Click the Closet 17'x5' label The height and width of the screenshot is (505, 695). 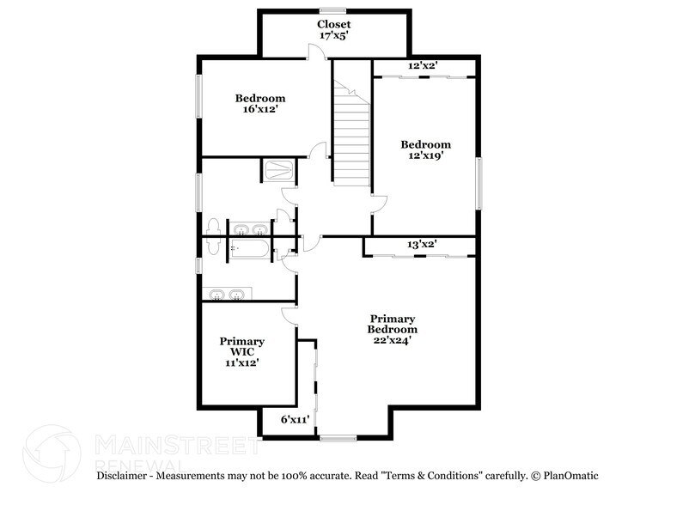point(334,30)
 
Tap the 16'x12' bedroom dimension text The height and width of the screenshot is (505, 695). point(260,109)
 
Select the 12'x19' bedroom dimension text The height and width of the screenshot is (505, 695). point(426,155)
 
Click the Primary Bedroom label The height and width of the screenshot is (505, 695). point(393,325)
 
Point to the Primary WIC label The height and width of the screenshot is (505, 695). point(242,346)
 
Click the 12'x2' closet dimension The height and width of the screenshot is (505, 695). point(423,65)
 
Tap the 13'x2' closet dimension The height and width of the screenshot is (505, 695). point(422,244)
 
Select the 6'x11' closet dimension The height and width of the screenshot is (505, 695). point(295,419)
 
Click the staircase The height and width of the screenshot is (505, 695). point(351,133)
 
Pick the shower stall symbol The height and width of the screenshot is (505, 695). point(279,170)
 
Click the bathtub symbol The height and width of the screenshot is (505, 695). point(249,248)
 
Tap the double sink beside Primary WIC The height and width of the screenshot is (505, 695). point(227,294)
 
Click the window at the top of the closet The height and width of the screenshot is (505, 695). point(332,10)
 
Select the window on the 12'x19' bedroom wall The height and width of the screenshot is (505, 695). point(479,183)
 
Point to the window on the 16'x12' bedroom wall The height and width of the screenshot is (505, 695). point(199,96)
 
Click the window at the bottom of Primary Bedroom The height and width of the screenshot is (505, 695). point(338,438)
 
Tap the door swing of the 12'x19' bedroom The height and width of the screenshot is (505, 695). point(380,204)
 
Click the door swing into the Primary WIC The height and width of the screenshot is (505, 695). point(289,316)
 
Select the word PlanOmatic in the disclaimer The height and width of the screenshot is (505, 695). point(571,476)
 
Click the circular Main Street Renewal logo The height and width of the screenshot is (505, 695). point(52,453)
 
